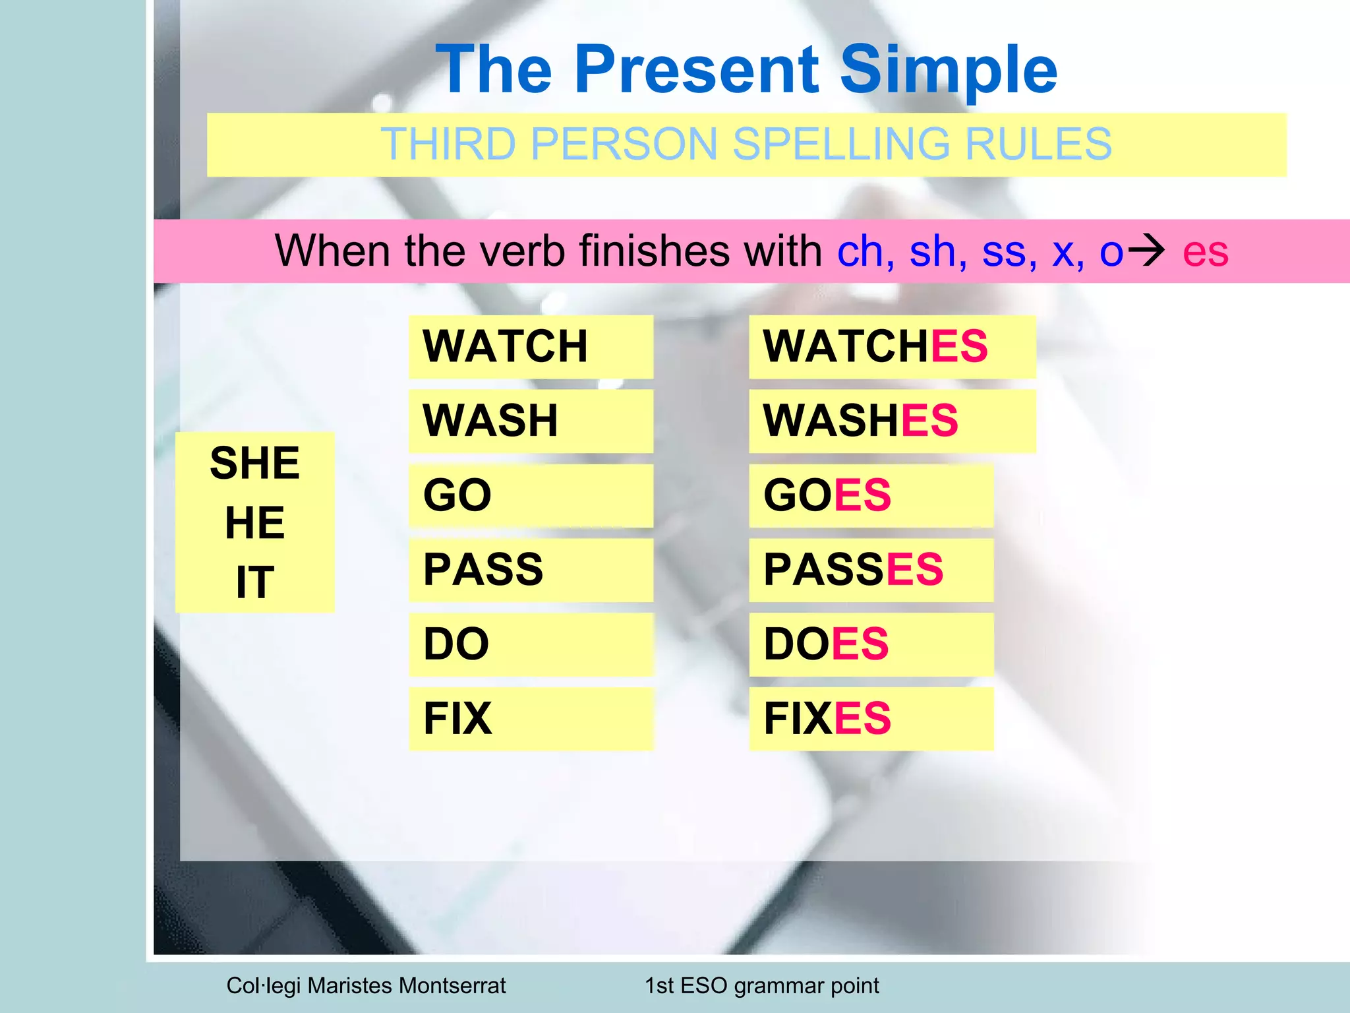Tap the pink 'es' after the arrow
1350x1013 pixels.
click(1205, 252)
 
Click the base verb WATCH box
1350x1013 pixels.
click(531, 347)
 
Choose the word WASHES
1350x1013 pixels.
click(860, 421)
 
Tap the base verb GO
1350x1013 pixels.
click(457, 495)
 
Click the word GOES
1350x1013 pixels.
click(827, 495)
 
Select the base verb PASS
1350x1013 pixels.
click(483, 570)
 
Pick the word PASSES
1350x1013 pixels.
click(853, 570)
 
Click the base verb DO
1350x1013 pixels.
click(456, 644)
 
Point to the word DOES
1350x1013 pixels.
click(825, 644)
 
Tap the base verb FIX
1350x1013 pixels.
click(457, 719)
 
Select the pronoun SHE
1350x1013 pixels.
click(254, 463)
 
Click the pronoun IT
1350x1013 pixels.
click(254, 583)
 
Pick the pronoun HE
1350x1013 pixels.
click(254, 523)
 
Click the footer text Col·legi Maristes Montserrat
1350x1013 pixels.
click(366, 986)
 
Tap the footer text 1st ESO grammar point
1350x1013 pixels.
click(761, 986)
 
